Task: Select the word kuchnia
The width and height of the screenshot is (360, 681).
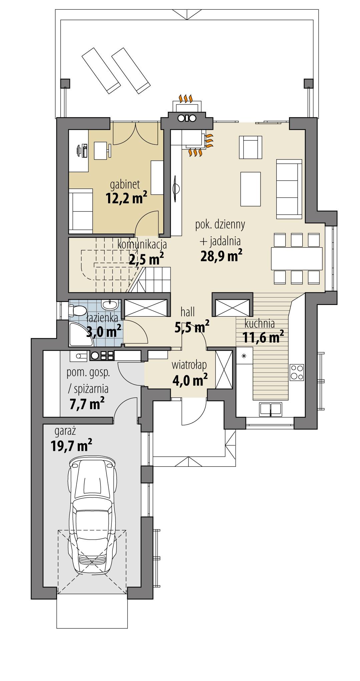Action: (x=260, y=323)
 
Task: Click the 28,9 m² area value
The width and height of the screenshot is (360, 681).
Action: (x=221, y=256)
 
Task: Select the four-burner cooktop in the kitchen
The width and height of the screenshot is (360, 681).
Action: (x=297, y=372)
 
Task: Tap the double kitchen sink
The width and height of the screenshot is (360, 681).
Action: (x=271, y=409)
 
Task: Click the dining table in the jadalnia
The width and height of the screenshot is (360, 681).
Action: (x=296, y=259)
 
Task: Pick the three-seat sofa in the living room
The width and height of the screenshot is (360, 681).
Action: (x=289, y=189)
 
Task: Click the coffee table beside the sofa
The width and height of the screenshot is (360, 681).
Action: (x=250, y=189)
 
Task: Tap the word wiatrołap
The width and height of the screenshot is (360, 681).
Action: (x=189, y=365)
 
